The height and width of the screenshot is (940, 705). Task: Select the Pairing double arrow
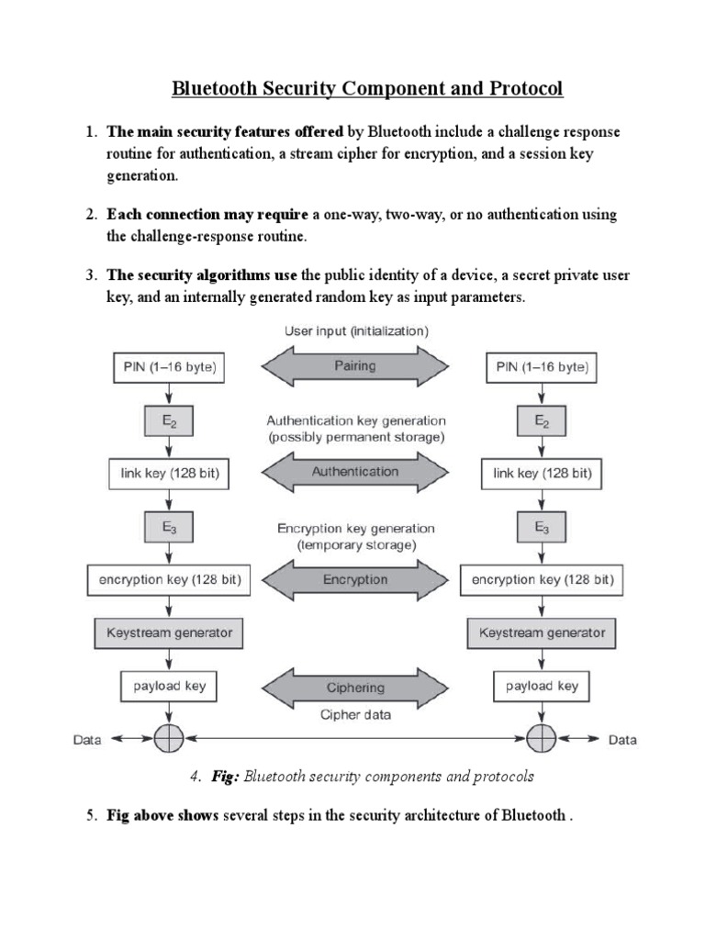pos(354,365)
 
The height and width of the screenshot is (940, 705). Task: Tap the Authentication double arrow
pos(354,472)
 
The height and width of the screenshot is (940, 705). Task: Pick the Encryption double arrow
pos(354,579)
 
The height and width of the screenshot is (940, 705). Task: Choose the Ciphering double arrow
pos(354,686)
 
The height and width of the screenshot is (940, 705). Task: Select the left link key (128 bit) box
pos(169,474)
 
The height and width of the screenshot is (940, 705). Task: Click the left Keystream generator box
pos(169,632)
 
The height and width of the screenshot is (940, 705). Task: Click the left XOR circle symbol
pos(169,738)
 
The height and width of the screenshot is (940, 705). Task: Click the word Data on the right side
pos(621,739)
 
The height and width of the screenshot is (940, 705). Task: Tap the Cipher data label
pos(354,715)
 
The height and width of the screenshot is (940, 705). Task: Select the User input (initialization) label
pos(356,330)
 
